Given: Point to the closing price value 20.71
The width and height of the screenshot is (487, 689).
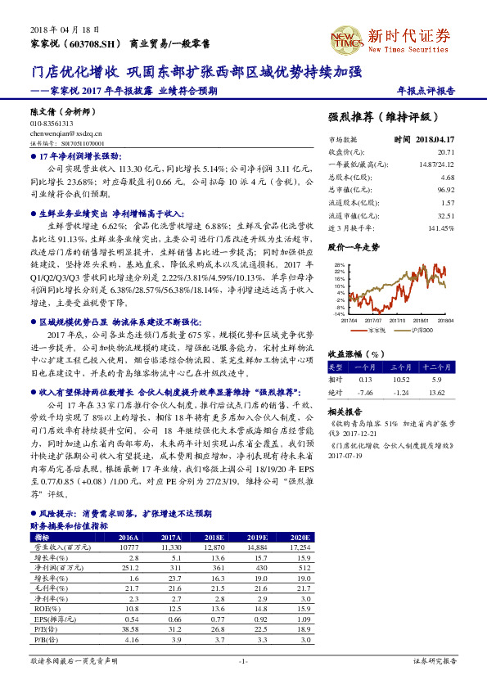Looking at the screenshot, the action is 445,152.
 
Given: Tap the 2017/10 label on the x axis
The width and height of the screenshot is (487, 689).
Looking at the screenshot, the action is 390,321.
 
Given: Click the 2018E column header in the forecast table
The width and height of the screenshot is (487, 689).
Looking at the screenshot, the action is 214,537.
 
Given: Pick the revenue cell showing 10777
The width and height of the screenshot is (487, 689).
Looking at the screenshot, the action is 129,546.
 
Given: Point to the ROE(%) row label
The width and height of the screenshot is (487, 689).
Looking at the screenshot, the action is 43,608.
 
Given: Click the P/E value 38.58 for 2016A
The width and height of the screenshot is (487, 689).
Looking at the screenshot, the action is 129,629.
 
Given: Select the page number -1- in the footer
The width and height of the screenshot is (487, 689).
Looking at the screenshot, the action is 243,660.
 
